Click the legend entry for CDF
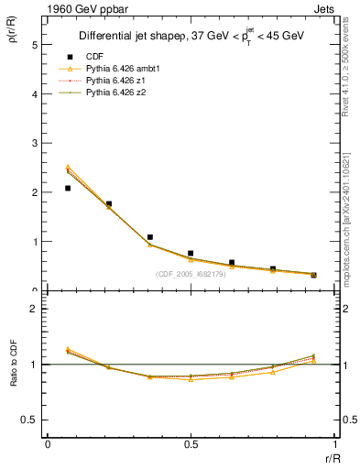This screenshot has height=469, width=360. [x=91, y=57]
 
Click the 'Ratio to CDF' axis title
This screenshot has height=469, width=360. [x=14, y=377]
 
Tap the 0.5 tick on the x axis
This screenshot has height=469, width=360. [x=190, y=444]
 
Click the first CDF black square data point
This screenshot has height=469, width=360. [x=68, y=188]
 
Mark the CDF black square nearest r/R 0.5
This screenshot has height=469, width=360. [x=191, y=253]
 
